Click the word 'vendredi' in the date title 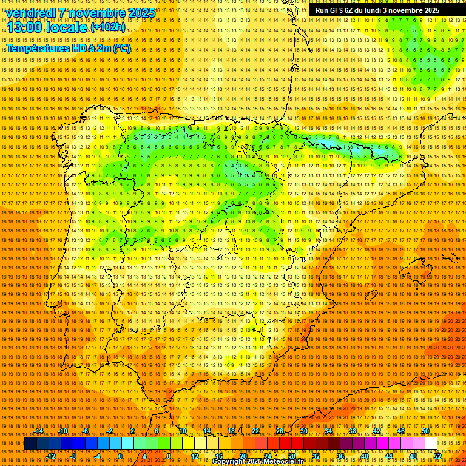tap(30, 13)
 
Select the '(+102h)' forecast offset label tap(107, 27)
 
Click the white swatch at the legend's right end tap(431, 444)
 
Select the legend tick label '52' tap(437, 456)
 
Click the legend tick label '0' tap(121, 456)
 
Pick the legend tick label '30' tap(304, 431)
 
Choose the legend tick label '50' tap(425, 431)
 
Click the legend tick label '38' tap(353, 431)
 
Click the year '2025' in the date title tap(142, 13)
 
